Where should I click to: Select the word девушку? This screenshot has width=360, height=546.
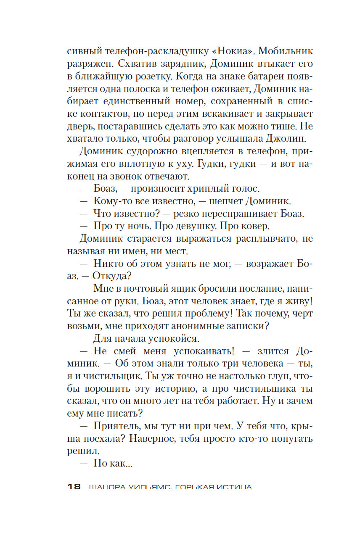coord(195,226)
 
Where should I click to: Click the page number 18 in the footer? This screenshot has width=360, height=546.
coord(74,487)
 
